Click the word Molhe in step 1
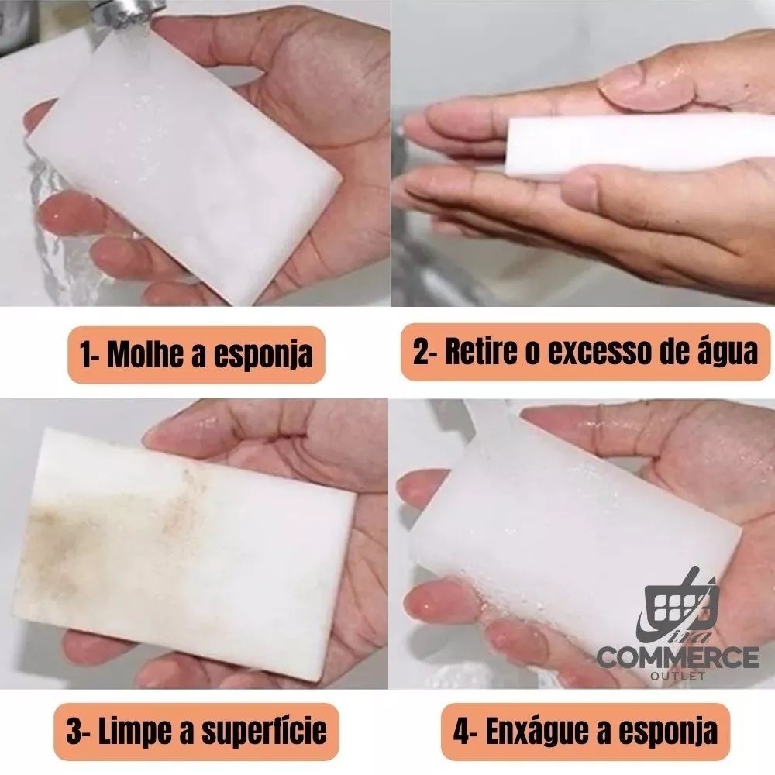click(x=146, y=354)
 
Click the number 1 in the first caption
click(x=86, y=354)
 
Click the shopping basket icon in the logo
click(x=678, y=601)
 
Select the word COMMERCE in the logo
click(x=677, y=658)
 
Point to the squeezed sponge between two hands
click(x=638, y=144)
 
